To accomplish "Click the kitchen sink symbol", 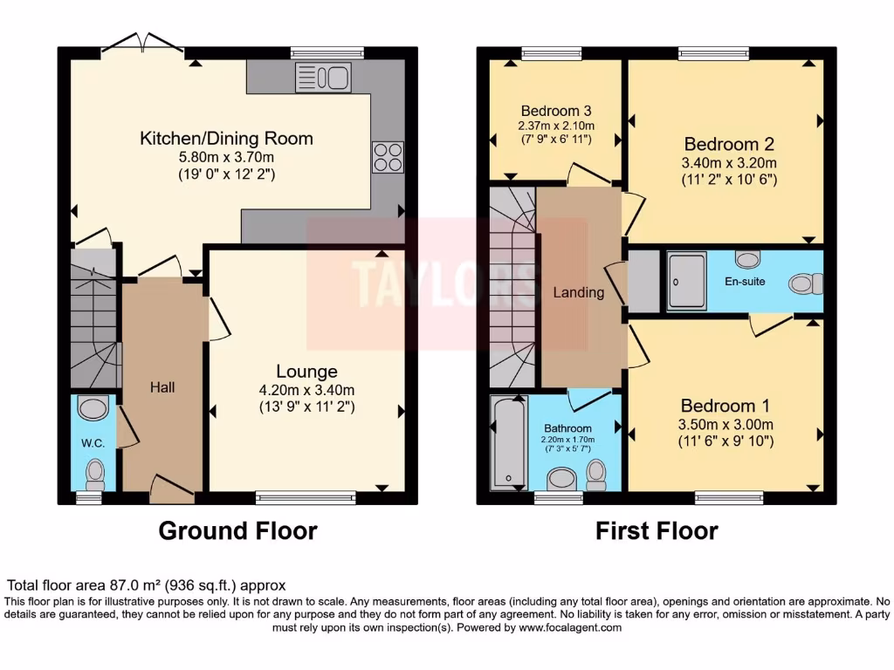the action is point(323,77).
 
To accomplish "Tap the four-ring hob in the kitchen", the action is point(388,157).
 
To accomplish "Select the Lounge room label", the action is point(306,372).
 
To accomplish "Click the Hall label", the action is point(162,387).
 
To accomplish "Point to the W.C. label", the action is point(93,443).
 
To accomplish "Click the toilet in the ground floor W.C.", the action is point(95,475).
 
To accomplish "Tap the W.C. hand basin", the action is point(93,408).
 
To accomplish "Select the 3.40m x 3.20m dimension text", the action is point(729,163).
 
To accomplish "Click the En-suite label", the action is point(745,282).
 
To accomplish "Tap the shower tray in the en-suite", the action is point(687,281).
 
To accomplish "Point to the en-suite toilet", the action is point(806,284).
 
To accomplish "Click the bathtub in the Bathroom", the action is point(509,442).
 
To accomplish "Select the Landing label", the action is point(578,292).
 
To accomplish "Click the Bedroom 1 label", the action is point(726,406).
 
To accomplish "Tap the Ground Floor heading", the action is point(237,531).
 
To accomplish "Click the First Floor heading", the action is point(657,531).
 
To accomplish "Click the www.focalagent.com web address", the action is point(570,628).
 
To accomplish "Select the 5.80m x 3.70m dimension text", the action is point(226,157).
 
